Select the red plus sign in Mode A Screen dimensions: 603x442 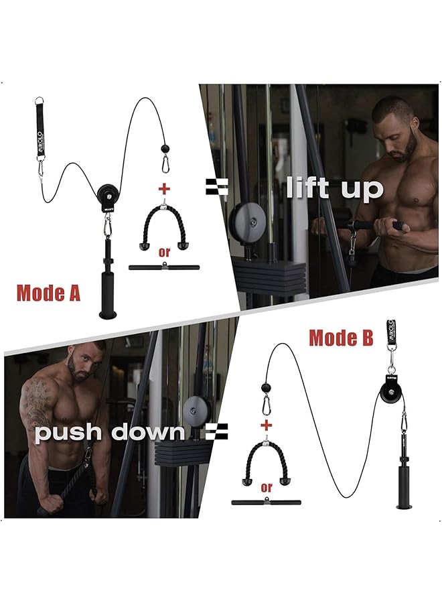(163, 187)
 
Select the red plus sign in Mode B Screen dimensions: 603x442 (267, 425)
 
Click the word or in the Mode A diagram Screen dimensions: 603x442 (163, 252)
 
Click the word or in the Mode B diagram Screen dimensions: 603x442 (267, 487)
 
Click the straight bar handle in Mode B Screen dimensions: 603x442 (267, 501)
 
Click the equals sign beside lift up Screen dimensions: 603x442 (216, 187)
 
